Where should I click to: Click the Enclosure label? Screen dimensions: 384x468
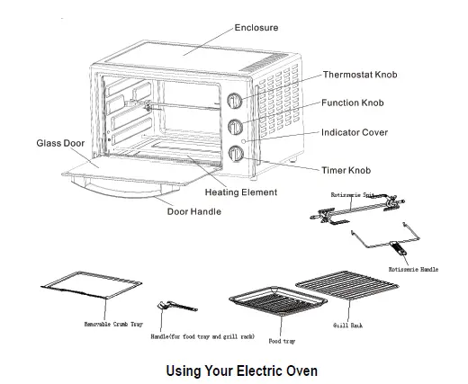pyautogui.click(x=256, y=28)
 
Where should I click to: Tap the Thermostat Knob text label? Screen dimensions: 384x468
pyautogui.click(x=360, y=75)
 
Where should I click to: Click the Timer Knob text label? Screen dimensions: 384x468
pyautogui.click(x=346, y=169)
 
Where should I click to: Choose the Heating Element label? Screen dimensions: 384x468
pyautogui.click(x=240, y=192)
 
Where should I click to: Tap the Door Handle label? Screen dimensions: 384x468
pyautogui.click(x=194, y=212)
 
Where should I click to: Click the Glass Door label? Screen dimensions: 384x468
pyautogui.click(x=60, y=143)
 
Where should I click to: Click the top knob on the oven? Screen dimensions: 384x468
pyautogui.click(x=235, y=101)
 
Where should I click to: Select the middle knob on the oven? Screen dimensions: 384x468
pyautogui.click(x=235, y=127)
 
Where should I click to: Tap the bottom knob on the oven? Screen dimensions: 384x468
pyautogui.click(x=235, y=153)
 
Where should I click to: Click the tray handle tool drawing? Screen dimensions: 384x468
pyautogui.click(x=166, y=308)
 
